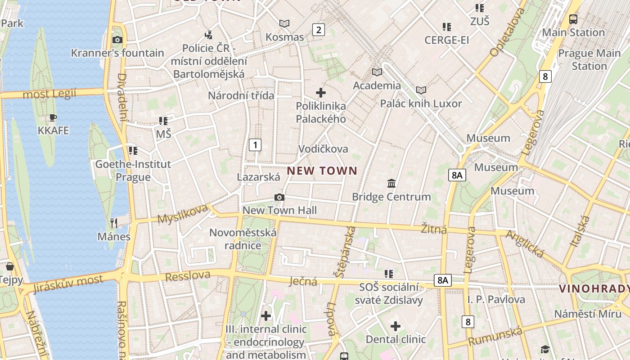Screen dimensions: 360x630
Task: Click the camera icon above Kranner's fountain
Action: tap(117, 40)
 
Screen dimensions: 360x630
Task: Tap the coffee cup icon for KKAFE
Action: tap(53, 118)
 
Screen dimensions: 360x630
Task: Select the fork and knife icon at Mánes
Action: tap(114, 223)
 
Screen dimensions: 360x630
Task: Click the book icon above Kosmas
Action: tap(284, 23)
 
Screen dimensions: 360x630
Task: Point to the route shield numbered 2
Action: tap(319, 30)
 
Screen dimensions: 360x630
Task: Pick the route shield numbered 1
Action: tap(255, 145)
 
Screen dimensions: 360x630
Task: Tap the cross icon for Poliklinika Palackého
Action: tap(321, 93)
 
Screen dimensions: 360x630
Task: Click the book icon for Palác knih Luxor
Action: tap(421, 90)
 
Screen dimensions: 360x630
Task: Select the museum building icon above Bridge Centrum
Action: tap(391, 183)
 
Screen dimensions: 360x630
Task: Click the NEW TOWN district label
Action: tap(322, 171)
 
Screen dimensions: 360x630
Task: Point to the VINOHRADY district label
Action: tap(594, 289)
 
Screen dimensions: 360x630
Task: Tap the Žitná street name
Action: tap(434, 229)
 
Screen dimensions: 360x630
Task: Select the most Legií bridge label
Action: tap(49, 94)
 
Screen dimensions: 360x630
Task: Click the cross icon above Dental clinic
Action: tap(396, 326)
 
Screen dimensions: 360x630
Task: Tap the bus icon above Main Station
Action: tap(573, 19)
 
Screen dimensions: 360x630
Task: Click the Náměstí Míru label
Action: tap(587, 314)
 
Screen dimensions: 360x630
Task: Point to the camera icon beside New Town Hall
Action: tap(279, 198)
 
